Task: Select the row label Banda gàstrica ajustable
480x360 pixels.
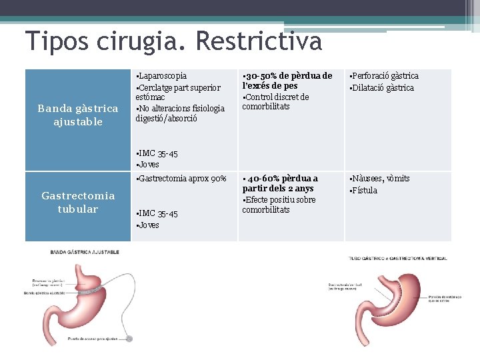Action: click(79, 115)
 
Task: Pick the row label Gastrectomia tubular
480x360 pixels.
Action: click(78, 202)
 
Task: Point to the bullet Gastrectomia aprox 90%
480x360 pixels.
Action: click(181, 179)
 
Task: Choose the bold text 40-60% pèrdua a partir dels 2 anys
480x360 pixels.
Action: click(280, 183)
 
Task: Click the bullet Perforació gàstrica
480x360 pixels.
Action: click(385, 76)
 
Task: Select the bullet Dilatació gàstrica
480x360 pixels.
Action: click(383, 88)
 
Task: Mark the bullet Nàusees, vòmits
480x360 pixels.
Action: click(381, 179)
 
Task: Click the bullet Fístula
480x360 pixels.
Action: click(365, 191)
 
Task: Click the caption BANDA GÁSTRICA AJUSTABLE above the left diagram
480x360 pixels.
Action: click(85, 252)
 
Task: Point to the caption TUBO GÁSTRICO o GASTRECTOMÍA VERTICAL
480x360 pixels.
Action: click(398, 258)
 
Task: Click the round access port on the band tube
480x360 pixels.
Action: click(129, 339)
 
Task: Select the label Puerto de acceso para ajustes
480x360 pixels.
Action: click(93, 339)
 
